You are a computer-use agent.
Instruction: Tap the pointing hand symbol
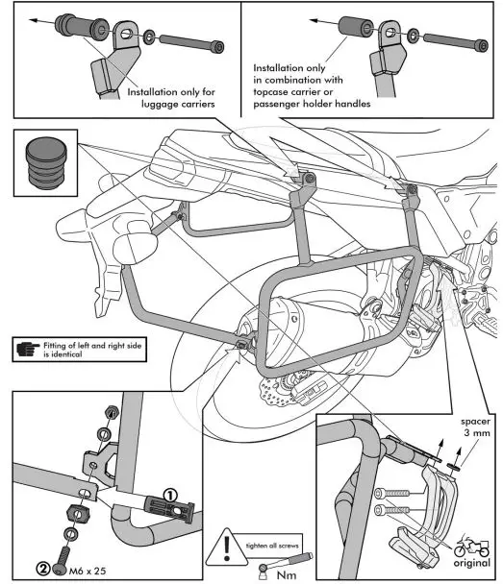pos(29,348)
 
